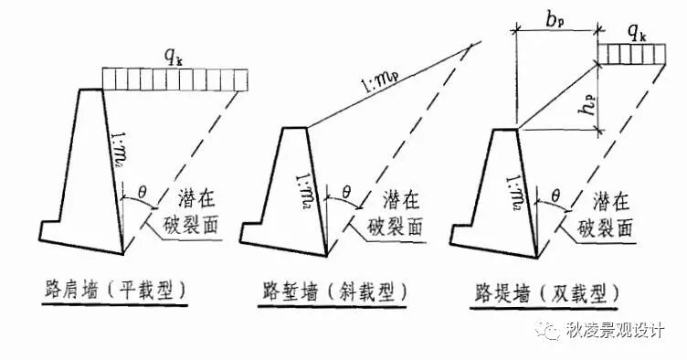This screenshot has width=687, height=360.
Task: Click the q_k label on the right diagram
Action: (638, 35)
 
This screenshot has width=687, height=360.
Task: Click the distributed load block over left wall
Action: (174, 79)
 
